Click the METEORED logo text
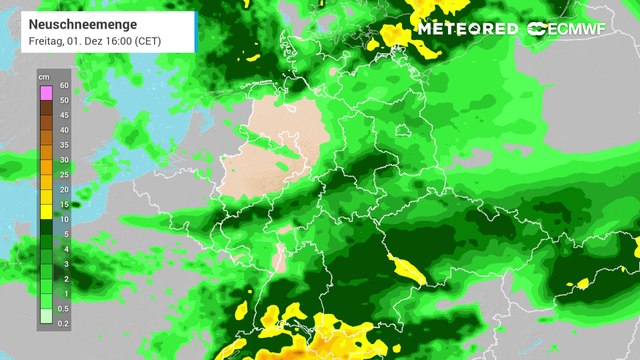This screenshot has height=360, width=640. click(x=467, y=28)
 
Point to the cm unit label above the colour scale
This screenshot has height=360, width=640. click(x=44, y=76)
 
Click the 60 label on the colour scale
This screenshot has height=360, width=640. click(x=63, y=87)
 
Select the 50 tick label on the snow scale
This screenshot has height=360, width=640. click(x=63, y=101)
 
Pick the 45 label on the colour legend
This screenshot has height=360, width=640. click(x=63, y=115)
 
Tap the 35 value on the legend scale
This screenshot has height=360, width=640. click(x=63, y=145)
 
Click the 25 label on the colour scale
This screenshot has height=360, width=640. click(x=63, y=174)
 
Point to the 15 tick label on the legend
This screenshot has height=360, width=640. click(x=63, y=204)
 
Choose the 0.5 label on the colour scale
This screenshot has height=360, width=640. click(x=63, y=308)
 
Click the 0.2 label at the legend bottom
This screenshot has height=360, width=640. click(x=63, y=323)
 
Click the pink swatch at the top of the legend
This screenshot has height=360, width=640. click(x=45, y=93)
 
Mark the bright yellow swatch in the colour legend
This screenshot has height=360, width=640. click(x=45, y=212)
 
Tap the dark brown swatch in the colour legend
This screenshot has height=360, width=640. click(x=45, y=108)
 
